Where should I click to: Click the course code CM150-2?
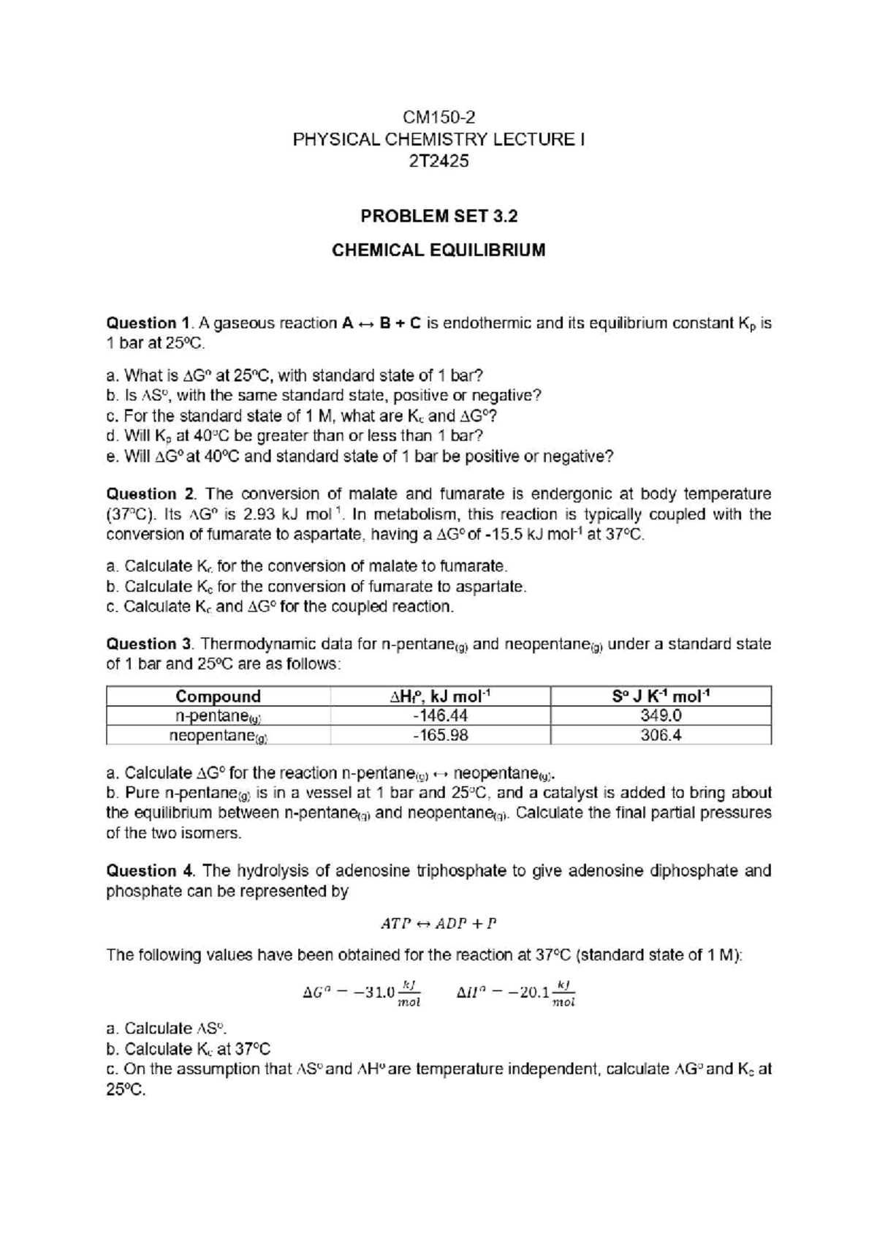(x=438, y=118)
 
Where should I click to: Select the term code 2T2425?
(x=438, y=159)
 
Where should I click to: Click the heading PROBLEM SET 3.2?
(x=438, y=217)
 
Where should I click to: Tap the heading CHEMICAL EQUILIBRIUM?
(x=438, y=250)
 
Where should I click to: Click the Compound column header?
(x=218, y=696)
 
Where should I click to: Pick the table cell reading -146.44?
(x=440, y=716)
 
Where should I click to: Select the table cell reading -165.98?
(x=440, y=735)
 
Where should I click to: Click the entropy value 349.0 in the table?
(x=661, y=716)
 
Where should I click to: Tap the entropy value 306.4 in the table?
(x=661, y=735)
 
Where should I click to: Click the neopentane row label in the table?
(x=218, y=736)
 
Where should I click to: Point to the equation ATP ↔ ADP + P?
(x=438, y=923)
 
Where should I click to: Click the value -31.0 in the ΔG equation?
(x=372, y=993)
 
